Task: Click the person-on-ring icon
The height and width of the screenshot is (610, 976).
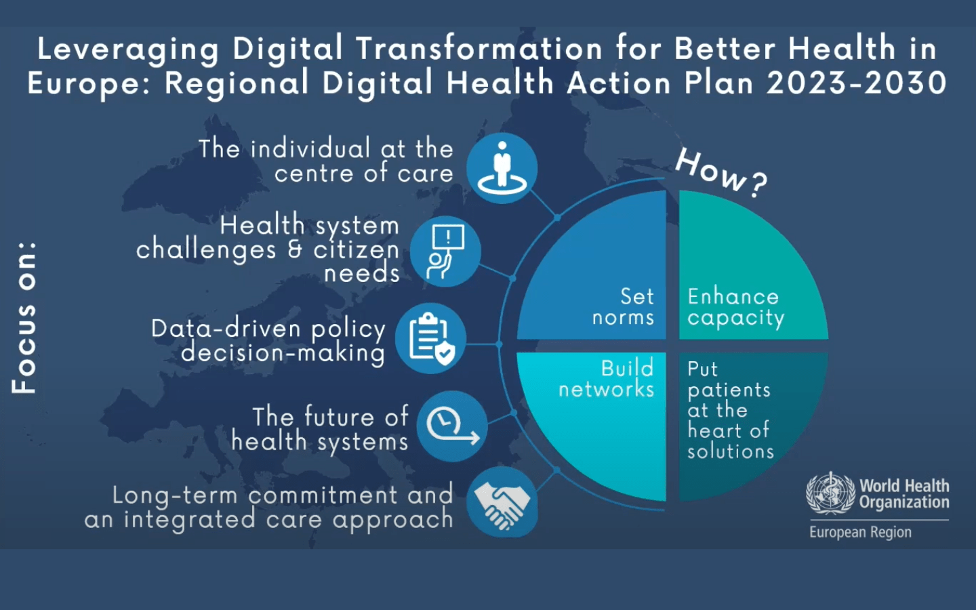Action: click(502, 167)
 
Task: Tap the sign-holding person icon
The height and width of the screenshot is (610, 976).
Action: click(445, 251)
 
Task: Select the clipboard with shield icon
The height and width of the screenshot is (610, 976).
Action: click(430, 338)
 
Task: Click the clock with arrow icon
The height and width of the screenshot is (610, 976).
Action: click(451, 426)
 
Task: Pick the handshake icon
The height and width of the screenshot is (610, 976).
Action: click(502, 502)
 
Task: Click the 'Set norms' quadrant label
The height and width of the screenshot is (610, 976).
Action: click(624, 306)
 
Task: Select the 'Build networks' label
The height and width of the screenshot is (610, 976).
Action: click(607, 378)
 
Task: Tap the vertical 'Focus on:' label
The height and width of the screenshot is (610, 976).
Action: click(24, 317)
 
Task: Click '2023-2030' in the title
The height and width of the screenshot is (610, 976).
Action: click(856, 83)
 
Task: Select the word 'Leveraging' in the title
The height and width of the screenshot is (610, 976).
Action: click(128, 49)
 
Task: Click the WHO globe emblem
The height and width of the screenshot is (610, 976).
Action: click(830, 493)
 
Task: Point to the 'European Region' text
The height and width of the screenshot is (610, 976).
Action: click(860, 532)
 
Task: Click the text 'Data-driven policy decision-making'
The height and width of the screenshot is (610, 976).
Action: click(268, 340)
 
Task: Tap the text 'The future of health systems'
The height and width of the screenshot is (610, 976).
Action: click(320, 428)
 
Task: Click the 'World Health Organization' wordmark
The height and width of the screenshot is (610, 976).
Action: click(904, 493)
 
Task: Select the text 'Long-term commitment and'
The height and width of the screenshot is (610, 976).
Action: click(283, 495)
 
